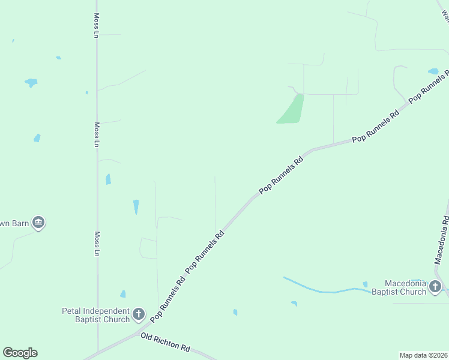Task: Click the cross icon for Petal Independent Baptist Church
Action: (139, 314)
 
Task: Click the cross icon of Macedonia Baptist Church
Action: (436, 287)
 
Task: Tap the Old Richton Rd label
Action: (165, 343)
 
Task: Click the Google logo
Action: (20, 353)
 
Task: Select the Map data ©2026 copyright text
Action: (423, 355)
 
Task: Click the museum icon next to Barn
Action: (38, 223)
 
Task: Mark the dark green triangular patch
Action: (292, 110)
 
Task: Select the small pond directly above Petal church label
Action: (123, 294)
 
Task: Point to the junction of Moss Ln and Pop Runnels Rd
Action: (98, 352)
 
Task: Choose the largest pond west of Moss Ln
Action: (31, 83)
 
